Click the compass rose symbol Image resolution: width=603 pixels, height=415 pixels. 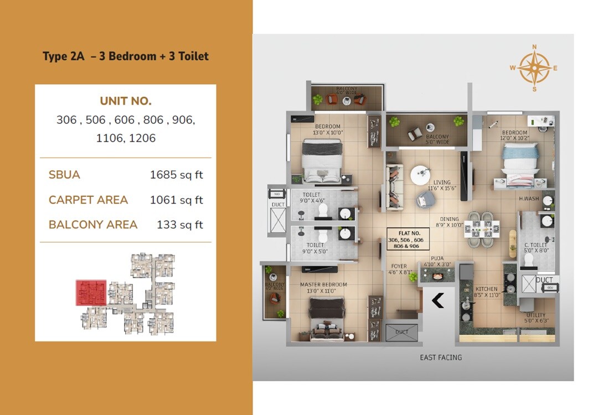534,68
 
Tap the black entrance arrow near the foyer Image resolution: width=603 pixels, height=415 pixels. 437,300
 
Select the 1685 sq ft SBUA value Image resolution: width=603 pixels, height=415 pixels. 176,175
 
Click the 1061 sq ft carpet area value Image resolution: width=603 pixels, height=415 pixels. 176,200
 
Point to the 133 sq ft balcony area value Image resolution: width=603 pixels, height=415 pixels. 181,225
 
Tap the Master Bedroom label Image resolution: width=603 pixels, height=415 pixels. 323,284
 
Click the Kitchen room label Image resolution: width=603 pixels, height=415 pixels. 486,289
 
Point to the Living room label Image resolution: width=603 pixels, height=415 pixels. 442,182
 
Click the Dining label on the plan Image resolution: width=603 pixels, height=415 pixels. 449,219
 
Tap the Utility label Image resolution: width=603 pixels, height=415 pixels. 535,315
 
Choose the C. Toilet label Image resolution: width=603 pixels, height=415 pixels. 536,245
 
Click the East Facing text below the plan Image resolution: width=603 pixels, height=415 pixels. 441,357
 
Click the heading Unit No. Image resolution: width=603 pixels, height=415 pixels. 126,101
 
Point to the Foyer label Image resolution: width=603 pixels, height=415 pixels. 399,266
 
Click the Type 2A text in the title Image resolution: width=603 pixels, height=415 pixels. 63,56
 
